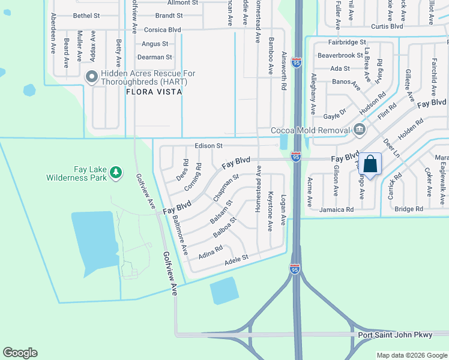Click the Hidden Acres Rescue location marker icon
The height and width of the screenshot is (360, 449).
coord(91,76)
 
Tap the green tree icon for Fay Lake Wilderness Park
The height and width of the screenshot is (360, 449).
coord(116,173)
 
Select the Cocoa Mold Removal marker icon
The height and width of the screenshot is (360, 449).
coord(359,130)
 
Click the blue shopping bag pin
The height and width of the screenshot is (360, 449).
coord(370,164)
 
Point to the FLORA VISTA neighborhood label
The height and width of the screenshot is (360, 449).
coord(154,92)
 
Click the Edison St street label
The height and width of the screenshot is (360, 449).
coord(208,146)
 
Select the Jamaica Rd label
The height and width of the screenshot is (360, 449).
coord(336,209)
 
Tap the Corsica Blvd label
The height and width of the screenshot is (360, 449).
coord(162,29)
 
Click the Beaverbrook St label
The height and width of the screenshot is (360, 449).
coord(340,55)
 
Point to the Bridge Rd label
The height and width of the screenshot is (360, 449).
coord(409,209)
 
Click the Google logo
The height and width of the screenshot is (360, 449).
coord(20,353)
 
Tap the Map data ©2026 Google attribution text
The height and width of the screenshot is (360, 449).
coord(411,355)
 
